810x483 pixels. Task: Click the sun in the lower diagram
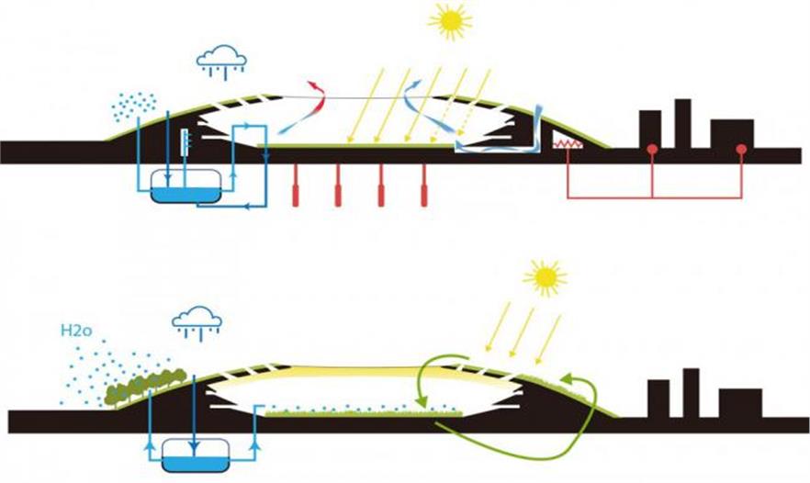coord(546,276)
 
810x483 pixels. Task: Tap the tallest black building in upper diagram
coord(682,121)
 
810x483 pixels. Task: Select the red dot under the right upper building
coord(740,149)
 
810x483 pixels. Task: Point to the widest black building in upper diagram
coord(732,132)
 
